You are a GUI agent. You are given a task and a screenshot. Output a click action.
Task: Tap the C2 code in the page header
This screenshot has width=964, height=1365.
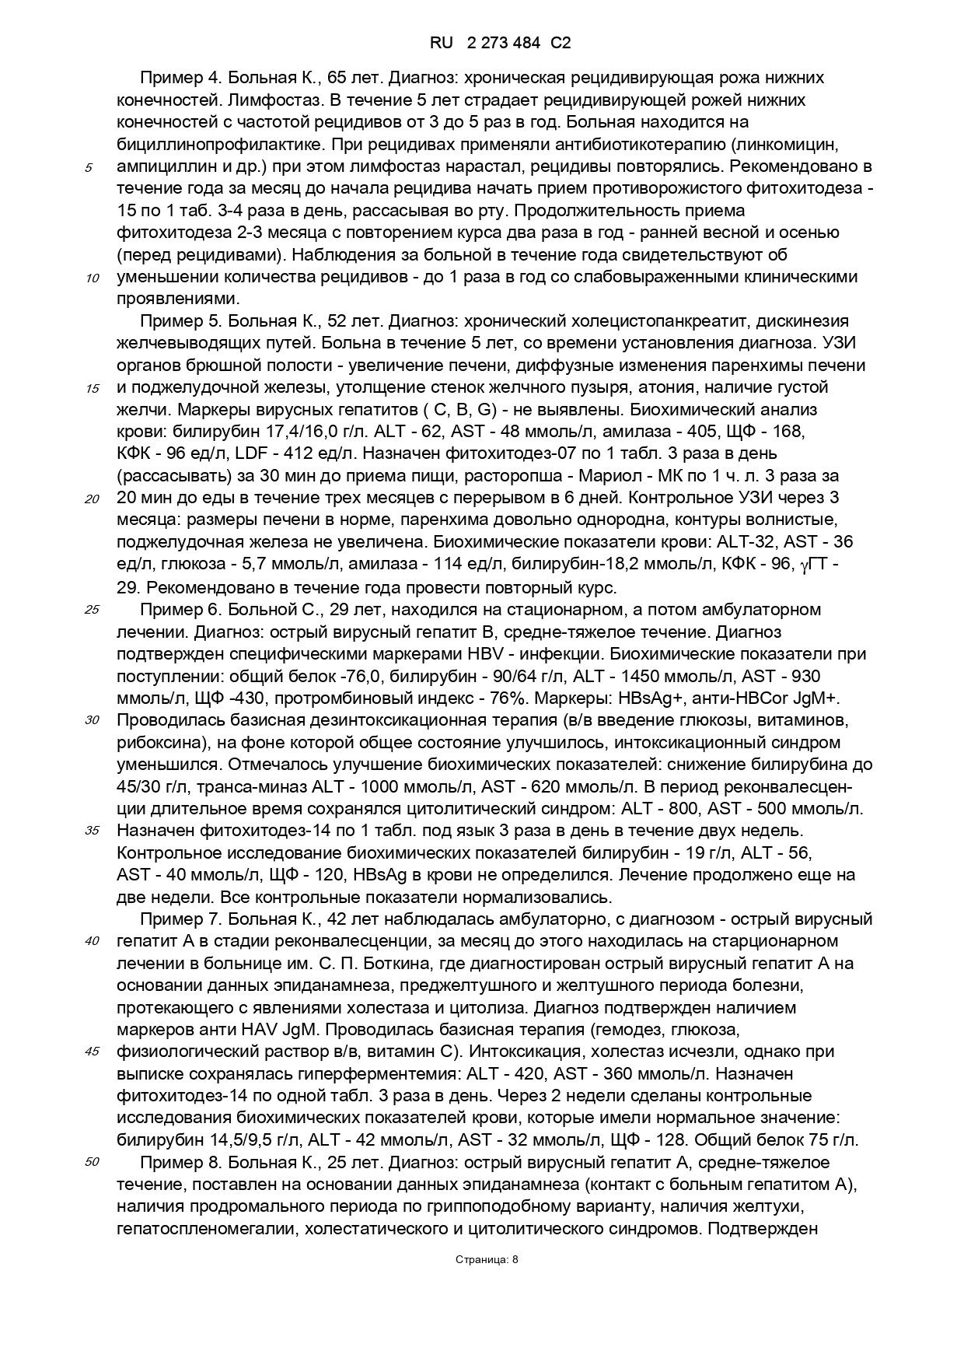pos(560,44)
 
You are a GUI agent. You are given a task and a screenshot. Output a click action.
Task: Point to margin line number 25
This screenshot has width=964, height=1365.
pos(92,610)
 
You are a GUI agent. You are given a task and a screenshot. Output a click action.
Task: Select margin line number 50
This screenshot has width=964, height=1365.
pos(92,1163)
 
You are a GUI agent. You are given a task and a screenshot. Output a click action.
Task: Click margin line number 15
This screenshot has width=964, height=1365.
pos(92,389)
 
